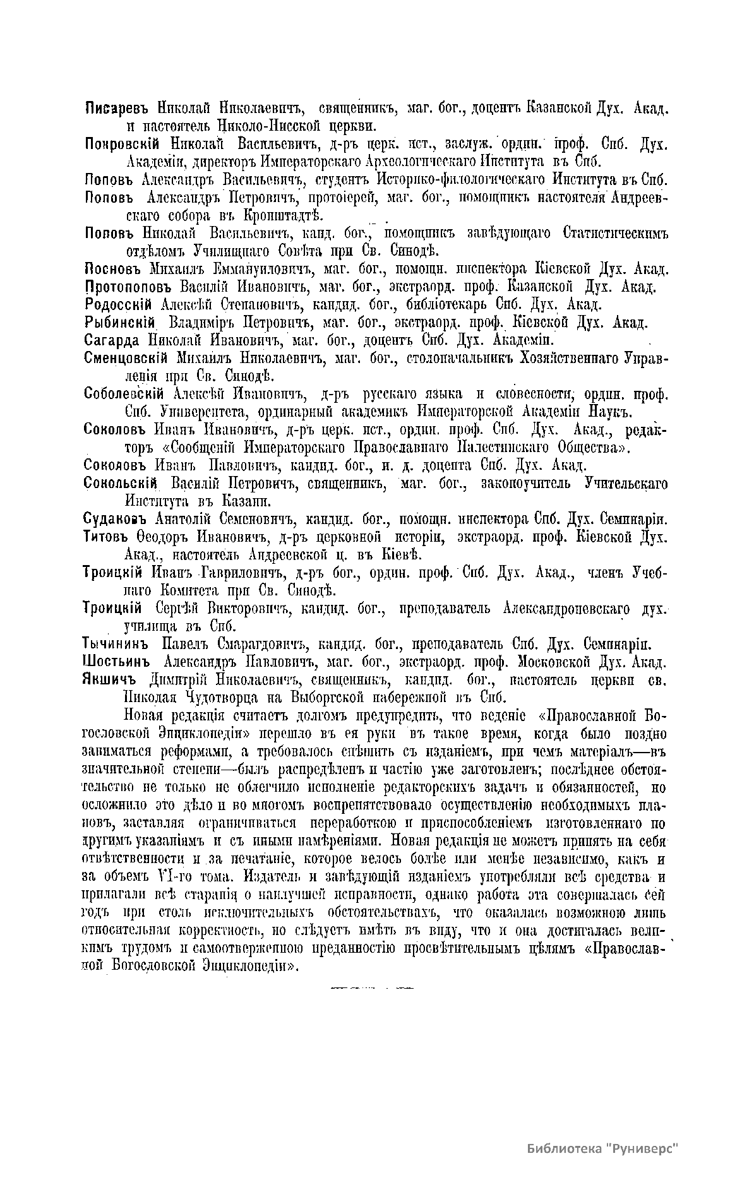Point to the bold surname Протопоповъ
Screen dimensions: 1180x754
[128, 287]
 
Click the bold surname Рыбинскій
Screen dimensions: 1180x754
[119, 323]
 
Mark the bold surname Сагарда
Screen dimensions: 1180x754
[112, 340]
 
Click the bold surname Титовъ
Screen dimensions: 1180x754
[104, 538]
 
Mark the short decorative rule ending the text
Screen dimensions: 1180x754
[368, 986]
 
